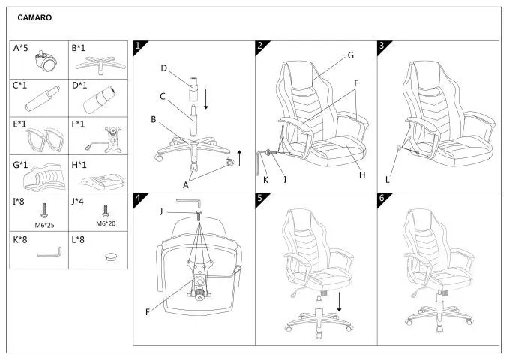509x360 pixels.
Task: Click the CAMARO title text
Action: pyautogui.click(x=34, y=17)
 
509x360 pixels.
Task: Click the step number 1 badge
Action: pyautogui.click(x=139, y=46)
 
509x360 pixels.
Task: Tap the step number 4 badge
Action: pyautogui.click(x=139, y=199)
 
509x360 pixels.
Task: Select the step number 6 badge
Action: pyautogui.click(x=383, y=199)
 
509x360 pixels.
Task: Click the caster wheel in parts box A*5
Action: pyautogui.click(x=46, y=61)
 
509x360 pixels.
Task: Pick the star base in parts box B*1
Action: pyautogui.click(x=100, y=64)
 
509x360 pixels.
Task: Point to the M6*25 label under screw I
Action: pyautogui.click(x=44, y=225)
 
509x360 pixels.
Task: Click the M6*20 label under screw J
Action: pyautogui.click(x=106, y=223)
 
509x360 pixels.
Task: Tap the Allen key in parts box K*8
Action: pyautogui.click(x=49, y=252)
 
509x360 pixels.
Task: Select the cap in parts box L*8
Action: pyautogui.click(x=112, y=256)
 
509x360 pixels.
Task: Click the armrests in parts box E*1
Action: pyautogui.click(x=46, y=139)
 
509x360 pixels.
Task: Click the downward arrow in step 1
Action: pyautogui.click(x=206, y=99)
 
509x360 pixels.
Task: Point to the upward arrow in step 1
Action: pyautogui.click(x=239, y=158)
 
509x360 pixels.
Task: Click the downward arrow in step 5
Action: pyautogui.click(x=340, y=301)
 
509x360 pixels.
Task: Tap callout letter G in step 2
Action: pyautogui.click(x=351, y=55)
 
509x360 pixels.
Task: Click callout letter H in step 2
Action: pyautogui.click(x=362, y=175)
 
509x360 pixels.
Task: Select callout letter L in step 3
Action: pyautogui.click(x=387, y=180)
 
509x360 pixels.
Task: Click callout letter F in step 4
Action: pyautogui.click(x=148, y=312)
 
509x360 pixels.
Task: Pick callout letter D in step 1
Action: pyautogui.click(x=164, y=68)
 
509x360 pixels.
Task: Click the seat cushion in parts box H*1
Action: pyautogui.click(x=103, y=181)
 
